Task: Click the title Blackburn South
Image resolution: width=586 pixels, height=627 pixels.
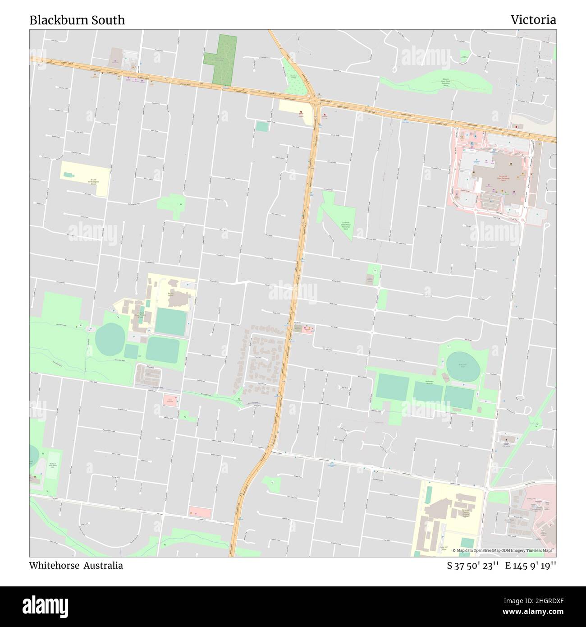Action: (77, 20)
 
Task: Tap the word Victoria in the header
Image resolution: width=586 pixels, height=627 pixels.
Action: (533, 20)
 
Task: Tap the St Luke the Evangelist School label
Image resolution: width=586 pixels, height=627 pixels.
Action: (93, 181)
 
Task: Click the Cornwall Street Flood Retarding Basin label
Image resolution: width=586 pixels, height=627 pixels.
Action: (346, 225)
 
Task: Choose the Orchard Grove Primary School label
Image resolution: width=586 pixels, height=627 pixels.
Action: (140, 314)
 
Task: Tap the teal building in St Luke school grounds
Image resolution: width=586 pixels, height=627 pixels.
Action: (68, 175)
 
